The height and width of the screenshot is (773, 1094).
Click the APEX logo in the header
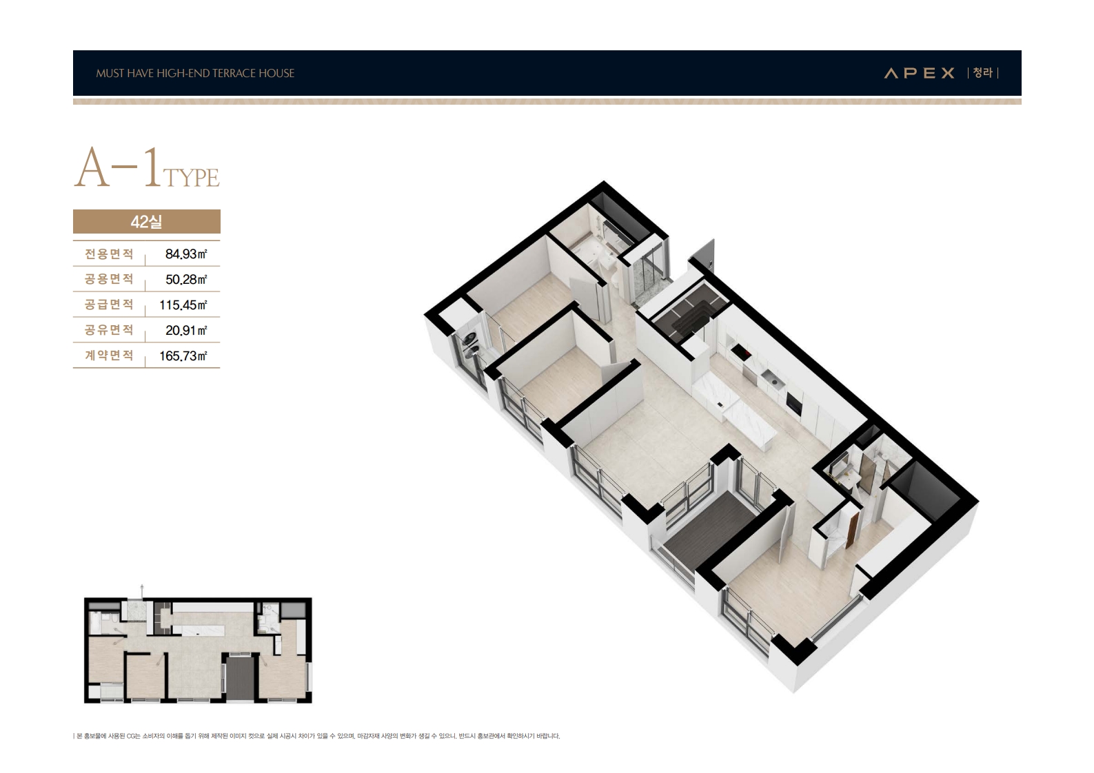pos(919,73)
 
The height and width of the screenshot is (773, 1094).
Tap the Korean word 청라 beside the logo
pos(982,73)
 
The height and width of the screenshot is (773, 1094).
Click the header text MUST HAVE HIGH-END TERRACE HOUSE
pos(195,73)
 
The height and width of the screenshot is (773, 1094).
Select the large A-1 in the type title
pos(118,167)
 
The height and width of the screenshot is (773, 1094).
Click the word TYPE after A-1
pos(191,178)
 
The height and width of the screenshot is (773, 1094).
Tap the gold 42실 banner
pos(147,222)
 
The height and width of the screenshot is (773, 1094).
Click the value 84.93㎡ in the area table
pos(186,254)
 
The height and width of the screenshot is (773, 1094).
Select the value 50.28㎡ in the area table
pos(186,279)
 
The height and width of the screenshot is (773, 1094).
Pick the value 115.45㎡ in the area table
pos(183,305)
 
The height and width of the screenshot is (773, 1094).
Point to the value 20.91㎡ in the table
pos(186,331)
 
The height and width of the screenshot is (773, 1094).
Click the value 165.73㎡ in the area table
pos(183,355)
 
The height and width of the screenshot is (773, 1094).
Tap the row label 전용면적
pos(109,254)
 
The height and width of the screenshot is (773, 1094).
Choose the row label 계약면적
pos(109,355)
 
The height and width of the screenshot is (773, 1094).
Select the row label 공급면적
pos(109,305)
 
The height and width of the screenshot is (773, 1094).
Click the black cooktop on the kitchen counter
pos(742,351)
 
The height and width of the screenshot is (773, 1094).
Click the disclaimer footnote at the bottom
pos(316,736)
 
